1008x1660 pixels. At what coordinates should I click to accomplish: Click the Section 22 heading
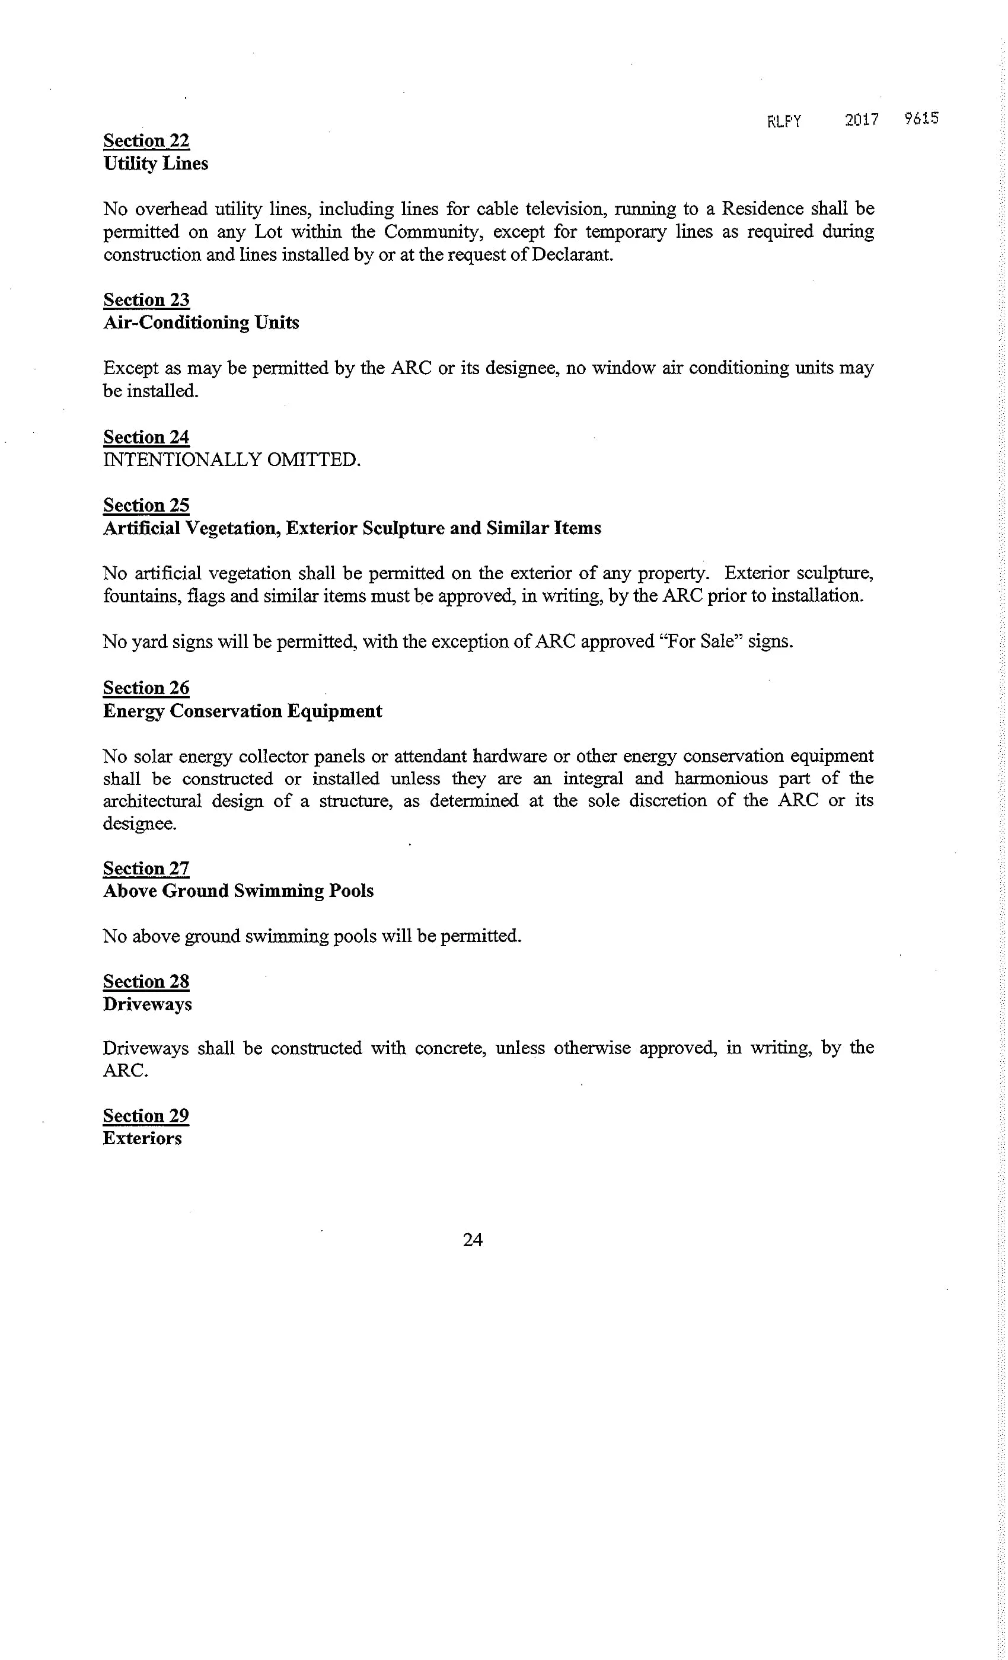(146, 141)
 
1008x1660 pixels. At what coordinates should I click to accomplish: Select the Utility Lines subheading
(155, 164)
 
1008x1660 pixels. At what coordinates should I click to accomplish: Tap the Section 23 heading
(146, 300)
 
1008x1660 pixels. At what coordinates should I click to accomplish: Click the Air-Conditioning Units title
(201, 323)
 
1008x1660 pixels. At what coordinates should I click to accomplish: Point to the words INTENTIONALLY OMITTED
(232, 459)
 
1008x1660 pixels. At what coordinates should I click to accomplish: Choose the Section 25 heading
(146, 505)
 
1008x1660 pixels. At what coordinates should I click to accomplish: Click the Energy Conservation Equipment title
(242, 711)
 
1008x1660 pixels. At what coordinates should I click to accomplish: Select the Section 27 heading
(146, 869)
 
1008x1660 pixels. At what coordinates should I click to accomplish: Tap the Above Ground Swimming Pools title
(238, 890)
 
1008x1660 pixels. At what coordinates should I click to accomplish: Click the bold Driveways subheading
(147, 1004)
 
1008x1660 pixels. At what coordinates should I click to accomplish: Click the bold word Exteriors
(142, 1138)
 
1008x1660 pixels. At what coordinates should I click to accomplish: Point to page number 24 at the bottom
(473, 1240)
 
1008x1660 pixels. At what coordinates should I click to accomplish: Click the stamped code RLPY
(784, 122)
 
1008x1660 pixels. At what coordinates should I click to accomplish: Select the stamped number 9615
(921, 119)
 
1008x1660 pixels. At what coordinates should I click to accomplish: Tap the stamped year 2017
(862, 120)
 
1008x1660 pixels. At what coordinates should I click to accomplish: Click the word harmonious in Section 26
(721, 779)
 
